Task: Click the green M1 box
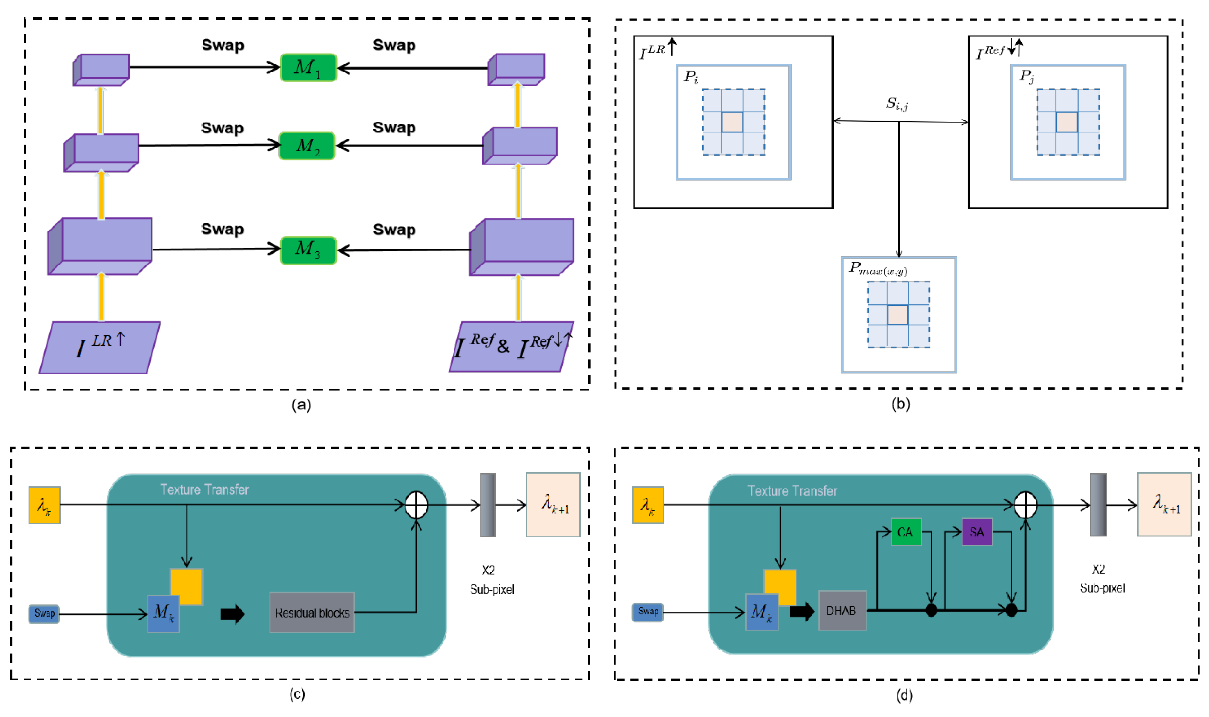[308, 68]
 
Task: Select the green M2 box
[307, 146]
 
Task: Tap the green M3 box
[308, 250]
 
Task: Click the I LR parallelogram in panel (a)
[100, 347]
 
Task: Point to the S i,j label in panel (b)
[897, 104]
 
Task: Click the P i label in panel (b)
[690, 77]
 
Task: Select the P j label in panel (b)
[1027, 76]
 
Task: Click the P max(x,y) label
[878, 268]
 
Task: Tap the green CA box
[905, 532]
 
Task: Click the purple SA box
[976, 532]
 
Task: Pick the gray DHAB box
[842, 611]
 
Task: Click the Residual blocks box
[312, 613]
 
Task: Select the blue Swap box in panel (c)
[44, 614]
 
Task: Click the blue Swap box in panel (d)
[648, 611]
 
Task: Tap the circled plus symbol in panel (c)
[416, 505]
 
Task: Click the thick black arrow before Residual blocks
[232, 614]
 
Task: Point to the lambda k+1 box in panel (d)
[1164, 504]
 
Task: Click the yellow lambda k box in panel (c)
[44, 505]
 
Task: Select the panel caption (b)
[900, 404]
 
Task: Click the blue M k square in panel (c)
[163, 614]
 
